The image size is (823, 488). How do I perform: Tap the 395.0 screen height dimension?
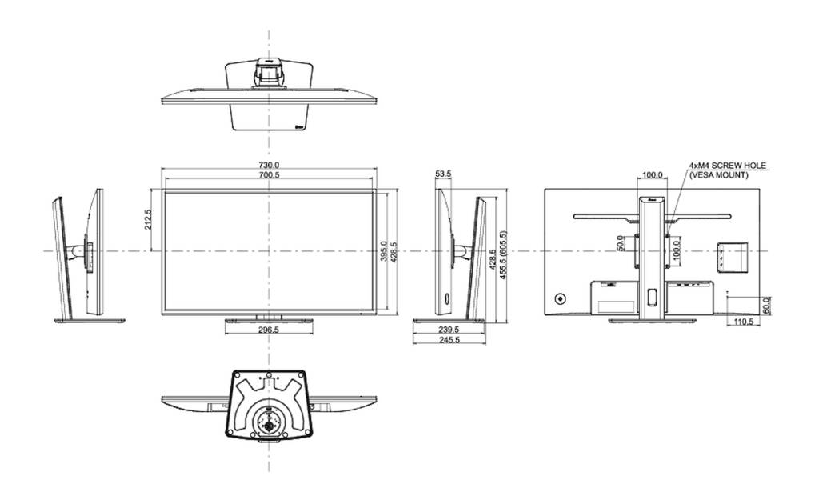point(383,251)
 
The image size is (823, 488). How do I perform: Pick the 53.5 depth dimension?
point(443,173)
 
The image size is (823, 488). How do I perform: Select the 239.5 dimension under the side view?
point(450,329)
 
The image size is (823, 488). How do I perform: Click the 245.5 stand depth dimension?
point(450,340)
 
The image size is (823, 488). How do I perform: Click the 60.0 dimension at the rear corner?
point(765,304)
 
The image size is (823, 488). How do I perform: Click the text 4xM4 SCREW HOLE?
point(727,166)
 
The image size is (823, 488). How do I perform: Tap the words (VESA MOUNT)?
point(719,174)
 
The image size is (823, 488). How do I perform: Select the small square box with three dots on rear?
point(730,255)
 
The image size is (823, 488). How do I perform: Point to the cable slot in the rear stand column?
point(651,297)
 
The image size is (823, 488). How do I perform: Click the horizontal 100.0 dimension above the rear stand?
point(652,174)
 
